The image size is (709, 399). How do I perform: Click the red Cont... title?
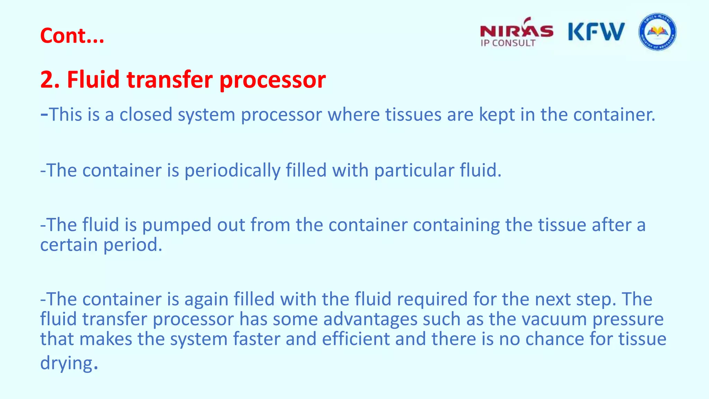coord(72,36)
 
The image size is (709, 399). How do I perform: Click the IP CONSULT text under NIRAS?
coord(508,43)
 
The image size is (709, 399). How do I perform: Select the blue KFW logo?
coord(596,32)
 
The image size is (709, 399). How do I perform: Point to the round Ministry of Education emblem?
coord(657,32)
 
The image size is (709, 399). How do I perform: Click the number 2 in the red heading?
coord(46,79)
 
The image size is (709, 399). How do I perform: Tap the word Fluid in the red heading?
coord(93,79)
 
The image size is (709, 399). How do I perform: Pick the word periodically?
coord(232,171)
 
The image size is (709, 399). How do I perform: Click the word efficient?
coord(356,339)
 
